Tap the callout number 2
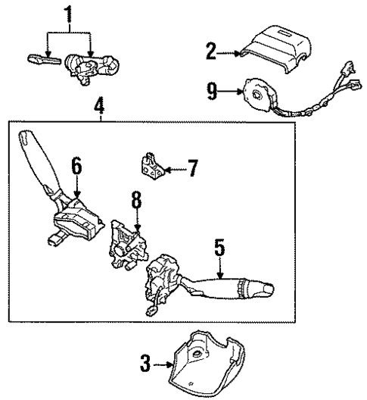point(211,52)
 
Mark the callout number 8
point(135,200)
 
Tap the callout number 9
point(212,92)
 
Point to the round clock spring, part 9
point(257,95)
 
